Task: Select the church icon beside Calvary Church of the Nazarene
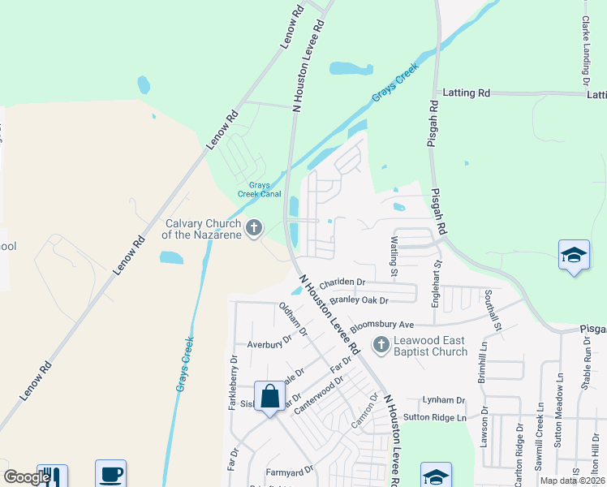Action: point(254,228)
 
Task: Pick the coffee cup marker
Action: point(110,475)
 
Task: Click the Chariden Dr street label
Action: point(342,282)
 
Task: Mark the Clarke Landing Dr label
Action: point(584,49)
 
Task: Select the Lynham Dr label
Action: point(443,400)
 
